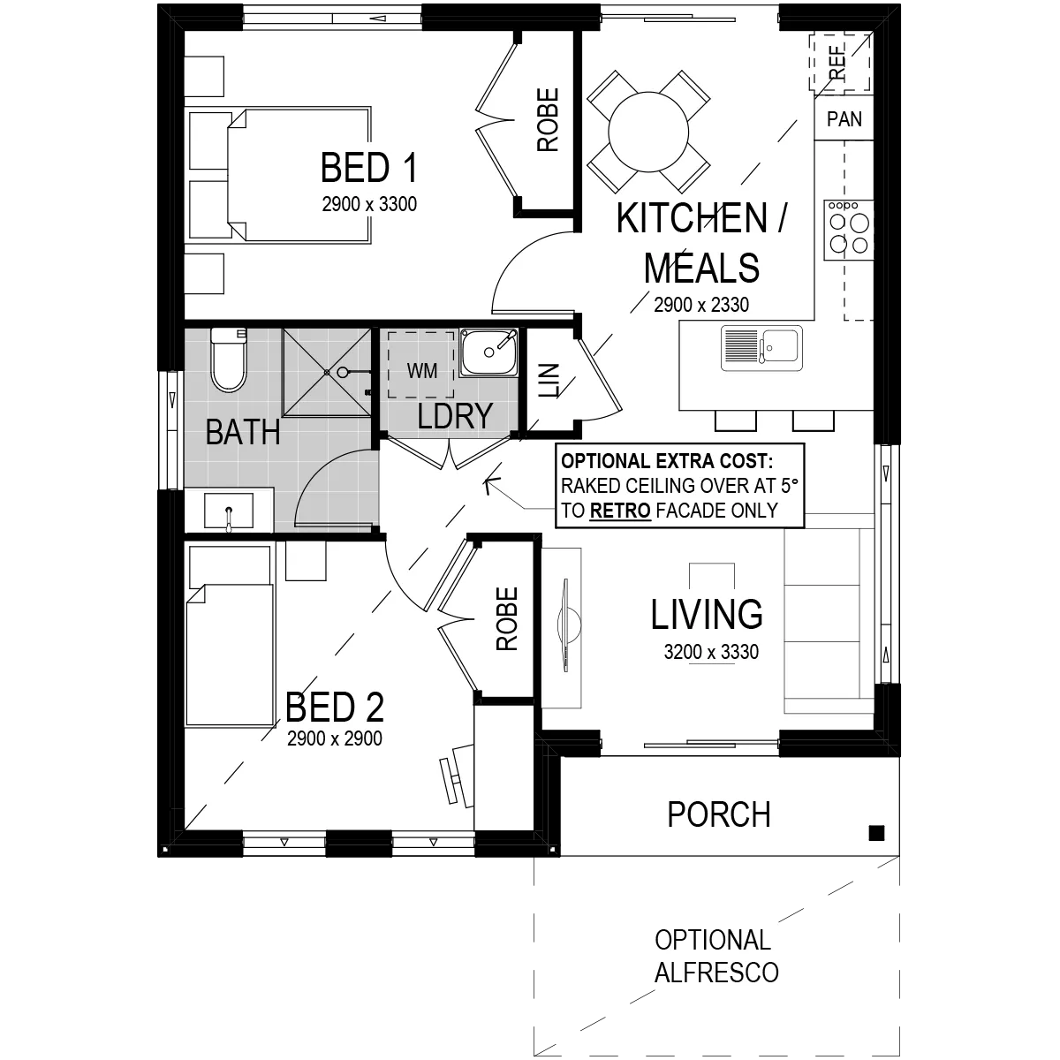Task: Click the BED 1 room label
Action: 369,168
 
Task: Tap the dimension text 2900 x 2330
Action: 701,304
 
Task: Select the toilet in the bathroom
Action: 229,360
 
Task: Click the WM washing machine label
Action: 422,371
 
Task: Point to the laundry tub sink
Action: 488,352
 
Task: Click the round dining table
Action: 648,132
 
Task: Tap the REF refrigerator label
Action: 837,62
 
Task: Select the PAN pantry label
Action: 844,119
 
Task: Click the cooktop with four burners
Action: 848,230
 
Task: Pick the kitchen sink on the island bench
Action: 761,348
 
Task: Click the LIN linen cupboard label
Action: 549,380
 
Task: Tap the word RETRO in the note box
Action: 620,511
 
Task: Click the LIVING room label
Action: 707,614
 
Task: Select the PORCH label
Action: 718,814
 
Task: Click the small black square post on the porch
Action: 876,833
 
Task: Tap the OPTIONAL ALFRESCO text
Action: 716,956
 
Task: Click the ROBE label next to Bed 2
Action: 507,619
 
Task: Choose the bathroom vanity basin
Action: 229,511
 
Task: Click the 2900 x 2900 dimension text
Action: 335,738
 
